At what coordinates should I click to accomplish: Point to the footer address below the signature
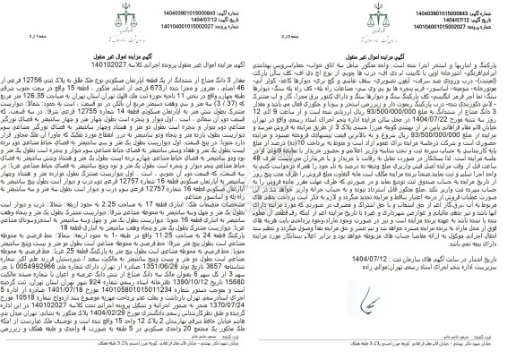point(385,352)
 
